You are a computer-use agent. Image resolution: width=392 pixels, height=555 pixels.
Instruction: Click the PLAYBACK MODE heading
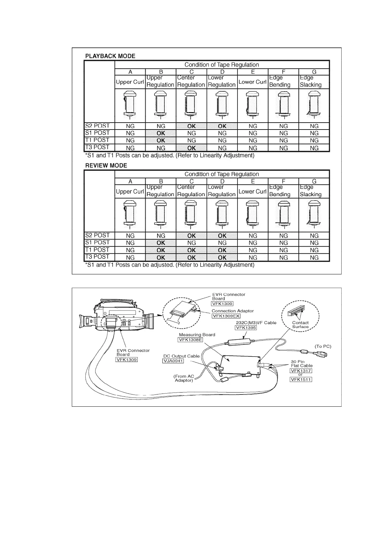point(110,56)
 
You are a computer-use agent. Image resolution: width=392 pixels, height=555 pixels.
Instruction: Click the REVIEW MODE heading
point(106,165)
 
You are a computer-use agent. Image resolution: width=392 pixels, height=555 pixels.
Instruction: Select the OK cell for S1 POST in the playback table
point(161,133)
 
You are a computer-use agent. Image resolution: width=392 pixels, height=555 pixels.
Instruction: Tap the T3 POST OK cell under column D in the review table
point(222,257)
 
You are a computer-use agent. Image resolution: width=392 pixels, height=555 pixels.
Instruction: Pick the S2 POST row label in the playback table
point(97,126)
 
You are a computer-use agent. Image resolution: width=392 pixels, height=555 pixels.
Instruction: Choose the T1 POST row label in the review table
point(97,250)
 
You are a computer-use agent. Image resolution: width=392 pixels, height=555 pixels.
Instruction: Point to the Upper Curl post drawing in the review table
point(130,215)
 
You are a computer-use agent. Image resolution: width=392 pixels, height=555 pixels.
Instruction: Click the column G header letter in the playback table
point(314,72)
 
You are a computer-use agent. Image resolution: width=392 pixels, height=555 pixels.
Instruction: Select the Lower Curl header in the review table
point(252,191)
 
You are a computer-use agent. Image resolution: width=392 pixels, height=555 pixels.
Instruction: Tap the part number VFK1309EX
point(226,316)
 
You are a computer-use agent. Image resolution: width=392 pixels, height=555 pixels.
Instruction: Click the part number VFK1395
point(245,328)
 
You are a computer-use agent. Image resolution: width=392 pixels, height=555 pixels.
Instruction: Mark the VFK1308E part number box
point(190,340)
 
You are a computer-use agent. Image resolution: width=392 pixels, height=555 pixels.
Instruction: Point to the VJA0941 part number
point(173,361)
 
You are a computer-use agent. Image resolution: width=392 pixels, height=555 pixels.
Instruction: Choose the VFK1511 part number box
point(300,379)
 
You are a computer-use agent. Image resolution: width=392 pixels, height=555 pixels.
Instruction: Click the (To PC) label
point(323,346)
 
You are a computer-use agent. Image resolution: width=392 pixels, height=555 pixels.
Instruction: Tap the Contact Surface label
point(300,325)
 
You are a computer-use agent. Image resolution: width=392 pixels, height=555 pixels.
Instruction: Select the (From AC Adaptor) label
point(184,378)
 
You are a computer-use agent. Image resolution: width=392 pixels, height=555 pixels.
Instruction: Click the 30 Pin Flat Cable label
point(301,364)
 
